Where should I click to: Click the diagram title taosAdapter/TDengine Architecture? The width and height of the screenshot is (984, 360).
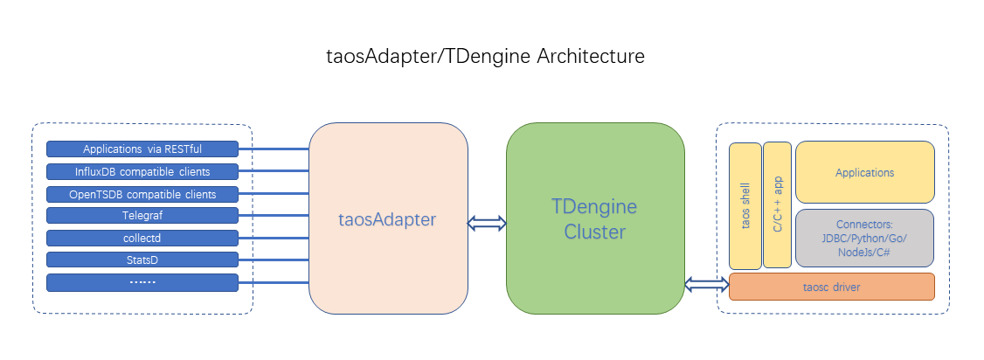pos(484,57)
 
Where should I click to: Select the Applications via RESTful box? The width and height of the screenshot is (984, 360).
pos(142,149)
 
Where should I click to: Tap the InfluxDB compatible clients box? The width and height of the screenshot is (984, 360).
pos(142,171)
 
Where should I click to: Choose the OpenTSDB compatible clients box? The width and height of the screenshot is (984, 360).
pos(142,193)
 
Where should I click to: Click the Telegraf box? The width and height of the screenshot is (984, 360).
pos(142,215)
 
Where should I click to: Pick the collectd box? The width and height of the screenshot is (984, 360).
pos(142,238)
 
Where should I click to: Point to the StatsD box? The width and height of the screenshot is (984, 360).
pos(142,260)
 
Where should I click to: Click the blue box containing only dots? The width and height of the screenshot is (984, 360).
pos(142,282)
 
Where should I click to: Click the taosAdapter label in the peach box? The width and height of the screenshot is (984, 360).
pos(387,219)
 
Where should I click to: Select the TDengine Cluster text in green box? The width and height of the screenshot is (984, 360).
pos(594,219)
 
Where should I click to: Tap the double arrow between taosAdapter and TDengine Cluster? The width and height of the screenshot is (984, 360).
pos(487,224)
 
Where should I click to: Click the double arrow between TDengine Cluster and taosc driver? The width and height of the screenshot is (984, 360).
pos(707,284)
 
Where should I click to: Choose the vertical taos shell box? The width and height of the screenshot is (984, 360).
pos(745,205)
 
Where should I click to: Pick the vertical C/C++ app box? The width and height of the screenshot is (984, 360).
pos(777,205)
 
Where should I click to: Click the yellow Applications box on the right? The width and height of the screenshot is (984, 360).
pos(864,172)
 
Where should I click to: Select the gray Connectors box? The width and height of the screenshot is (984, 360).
pos(864,238)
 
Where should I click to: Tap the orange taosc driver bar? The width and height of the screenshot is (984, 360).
pos(831,286)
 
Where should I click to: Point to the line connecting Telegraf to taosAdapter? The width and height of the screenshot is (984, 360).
pos(274,216)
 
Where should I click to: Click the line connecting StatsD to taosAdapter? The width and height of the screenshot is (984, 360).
pos(274,260)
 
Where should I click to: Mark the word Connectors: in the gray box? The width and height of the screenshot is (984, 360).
pos(864,224)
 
